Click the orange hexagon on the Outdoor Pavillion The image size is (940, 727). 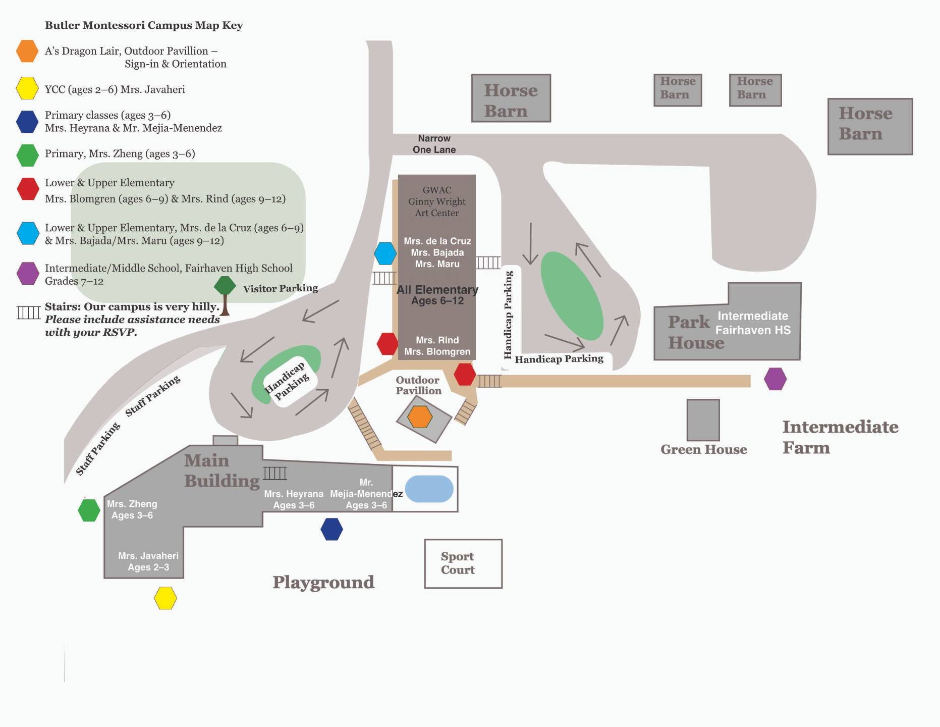click(420, 417)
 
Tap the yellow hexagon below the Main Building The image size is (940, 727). click(165, 598)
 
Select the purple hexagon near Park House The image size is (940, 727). click(775, 379)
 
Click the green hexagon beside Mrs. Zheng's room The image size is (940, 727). click(89, 510)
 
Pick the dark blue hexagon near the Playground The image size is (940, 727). click(331, 529)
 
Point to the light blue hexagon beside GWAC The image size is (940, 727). click(385, 253)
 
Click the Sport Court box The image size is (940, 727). click(463, 563)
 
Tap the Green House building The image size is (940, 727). click(703, 420)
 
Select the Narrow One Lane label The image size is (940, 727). click(434, 144)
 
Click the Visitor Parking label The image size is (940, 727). click(281, 288)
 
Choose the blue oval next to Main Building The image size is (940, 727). click(429, 489)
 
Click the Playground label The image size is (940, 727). click(323, 583)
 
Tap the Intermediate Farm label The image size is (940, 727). click(840, 437)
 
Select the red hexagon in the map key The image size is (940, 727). click(28, 188)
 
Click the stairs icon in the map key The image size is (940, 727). click(28, 313)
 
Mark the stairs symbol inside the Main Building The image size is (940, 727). click(275, 473)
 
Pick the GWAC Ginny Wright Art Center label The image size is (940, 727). click(437, 201)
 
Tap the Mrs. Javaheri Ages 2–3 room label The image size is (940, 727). click(148, 561)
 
